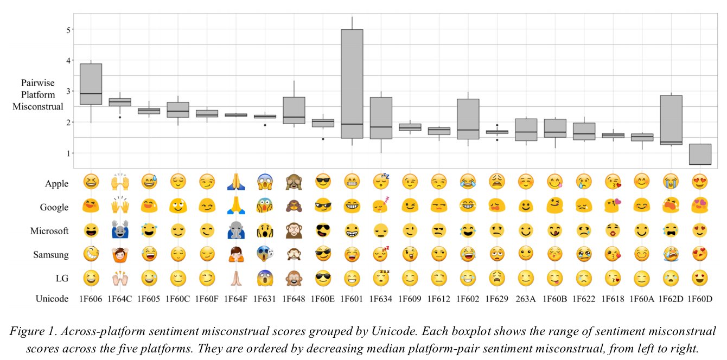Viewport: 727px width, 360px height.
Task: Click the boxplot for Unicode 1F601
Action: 352,84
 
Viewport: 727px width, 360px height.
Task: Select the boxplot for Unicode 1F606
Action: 91,84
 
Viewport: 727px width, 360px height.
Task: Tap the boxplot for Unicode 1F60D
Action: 699,154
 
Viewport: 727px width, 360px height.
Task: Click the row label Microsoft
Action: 49,231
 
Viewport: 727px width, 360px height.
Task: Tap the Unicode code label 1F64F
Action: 235,299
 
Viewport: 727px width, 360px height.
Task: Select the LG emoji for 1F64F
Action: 235,278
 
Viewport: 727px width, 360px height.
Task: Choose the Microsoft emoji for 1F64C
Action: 119,230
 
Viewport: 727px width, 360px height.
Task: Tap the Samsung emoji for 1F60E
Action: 323,254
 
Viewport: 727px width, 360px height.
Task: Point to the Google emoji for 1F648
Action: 294,207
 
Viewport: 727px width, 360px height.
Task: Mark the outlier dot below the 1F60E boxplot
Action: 323,139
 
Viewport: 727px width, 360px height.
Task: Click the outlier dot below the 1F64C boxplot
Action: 119,117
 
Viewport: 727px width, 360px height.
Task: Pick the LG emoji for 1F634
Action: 381,278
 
